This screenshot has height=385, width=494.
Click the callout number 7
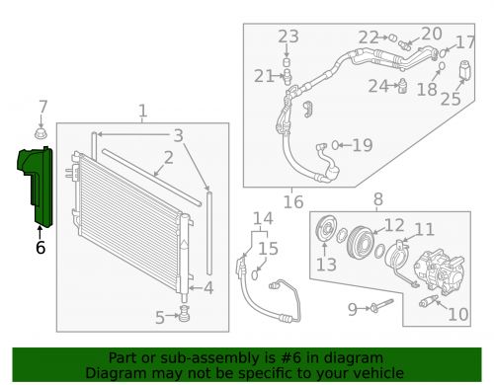(42, 107)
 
